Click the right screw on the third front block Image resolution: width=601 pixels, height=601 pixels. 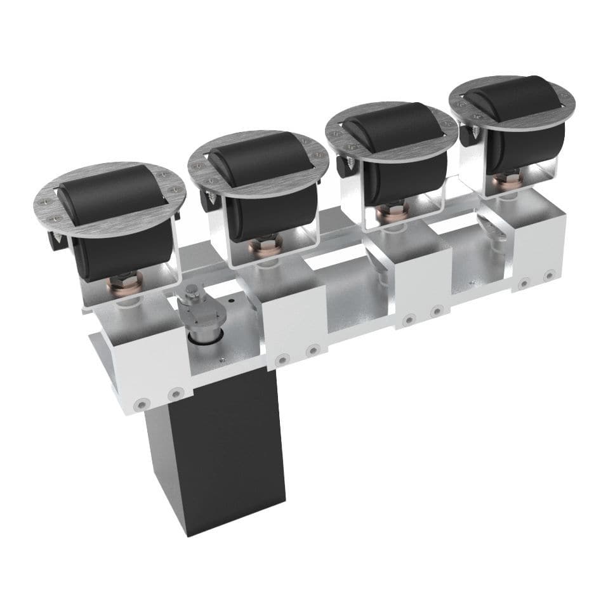(436, 311)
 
